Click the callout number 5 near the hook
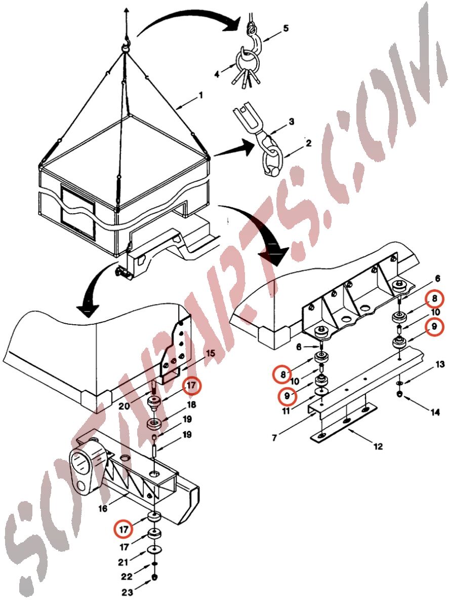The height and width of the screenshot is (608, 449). point(285,28)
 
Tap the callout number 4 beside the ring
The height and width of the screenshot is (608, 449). point(217,74)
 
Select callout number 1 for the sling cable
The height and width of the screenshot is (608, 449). point(200,96)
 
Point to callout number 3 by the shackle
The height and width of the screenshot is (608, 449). point(292,121)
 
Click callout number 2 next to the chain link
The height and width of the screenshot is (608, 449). point(309,143)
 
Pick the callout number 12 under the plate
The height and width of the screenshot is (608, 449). point(378,446)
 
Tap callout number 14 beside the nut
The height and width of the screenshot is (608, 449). point(435,412)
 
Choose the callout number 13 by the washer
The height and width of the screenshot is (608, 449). point(440,365)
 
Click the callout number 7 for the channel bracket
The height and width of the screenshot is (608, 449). point(274,438)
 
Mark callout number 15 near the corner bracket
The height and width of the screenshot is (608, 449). point(210,353)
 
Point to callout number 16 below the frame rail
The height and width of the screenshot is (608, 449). point(103,509)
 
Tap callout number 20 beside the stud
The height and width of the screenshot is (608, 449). point(124,406)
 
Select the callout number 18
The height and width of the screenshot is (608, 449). point(191,405)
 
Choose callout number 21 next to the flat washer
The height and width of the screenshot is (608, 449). point(123,562)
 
